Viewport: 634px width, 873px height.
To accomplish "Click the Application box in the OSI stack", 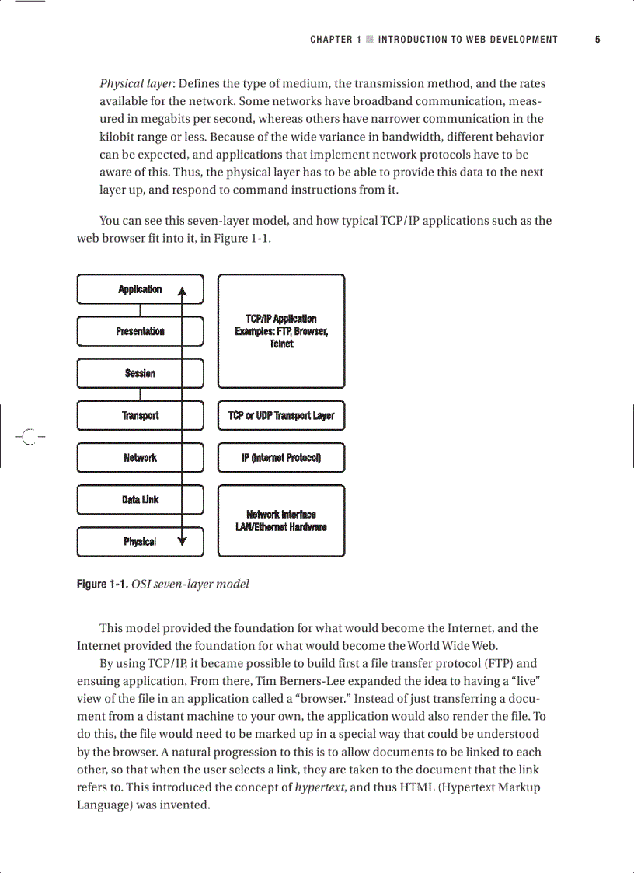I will (140, 289).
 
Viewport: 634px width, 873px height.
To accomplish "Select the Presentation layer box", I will (140, 331).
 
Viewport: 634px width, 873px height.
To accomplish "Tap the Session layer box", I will (140, 373).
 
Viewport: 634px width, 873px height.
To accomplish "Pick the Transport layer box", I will (140, 415).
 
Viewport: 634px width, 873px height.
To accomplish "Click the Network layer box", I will (140, 458).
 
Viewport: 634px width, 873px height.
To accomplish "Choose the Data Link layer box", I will (140, 500).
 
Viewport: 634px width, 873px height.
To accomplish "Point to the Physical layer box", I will (140, 542).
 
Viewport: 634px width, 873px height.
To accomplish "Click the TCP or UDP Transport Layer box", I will (281, 415).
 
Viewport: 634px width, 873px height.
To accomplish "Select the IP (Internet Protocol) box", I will (281, 458).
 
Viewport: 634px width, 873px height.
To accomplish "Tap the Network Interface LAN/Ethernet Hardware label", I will (281, 521).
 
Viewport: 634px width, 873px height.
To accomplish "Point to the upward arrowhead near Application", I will (182, 292).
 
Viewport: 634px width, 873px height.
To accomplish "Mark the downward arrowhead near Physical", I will (182, 541).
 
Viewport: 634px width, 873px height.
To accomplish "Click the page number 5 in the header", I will (597, 39).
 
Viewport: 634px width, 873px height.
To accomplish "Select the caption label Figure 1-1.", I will (103, 584).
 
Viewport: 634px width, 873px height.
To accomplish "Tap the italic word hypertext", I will (321, 787).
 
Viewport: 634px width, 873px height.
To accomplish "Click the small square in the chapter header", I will (370, 39).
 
